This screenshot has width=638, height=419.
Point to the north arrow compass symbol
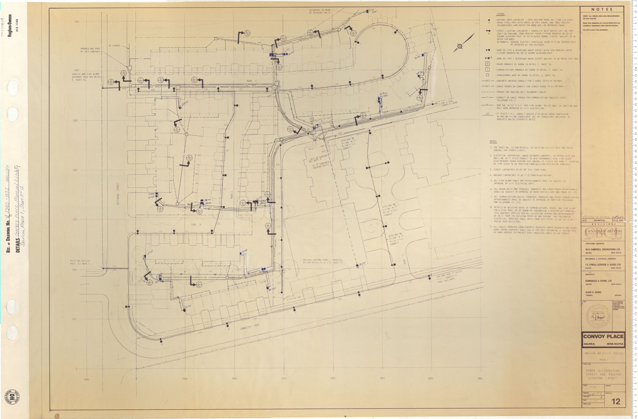(x=459, y=46)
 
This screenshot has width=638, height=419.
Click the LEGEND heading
(x=500, y=14)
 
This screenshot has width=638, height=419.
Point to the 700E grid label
(x=77, y=22)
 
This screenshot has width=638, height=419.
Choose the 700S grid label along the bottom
(x=480, y=379)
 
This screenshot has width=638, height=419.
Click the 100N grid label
(x=86, y=379)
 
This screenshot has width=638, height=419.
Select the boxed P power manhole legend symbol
(x=488, y=64)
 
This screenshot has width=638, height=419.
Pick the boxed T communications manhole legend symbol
(x=488, y=70)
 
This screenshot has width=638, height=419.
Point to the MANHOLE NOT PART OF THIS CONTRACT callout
(x=90, y=50)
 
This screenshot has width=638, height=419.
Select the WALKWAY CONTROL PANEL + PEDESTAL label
(x=322, y=261)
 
